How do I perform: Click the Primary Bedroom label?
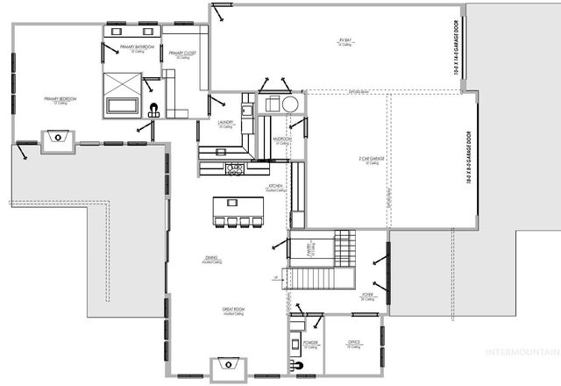60,99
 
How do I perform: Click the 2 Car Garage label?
371,159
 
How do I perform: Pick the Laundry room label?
225,124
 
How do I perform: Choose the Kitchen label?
277,187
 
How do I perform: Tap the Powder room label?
311,343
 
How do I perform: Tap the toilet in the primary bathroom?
154,111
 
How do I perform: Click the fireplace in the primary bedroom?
57,138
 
